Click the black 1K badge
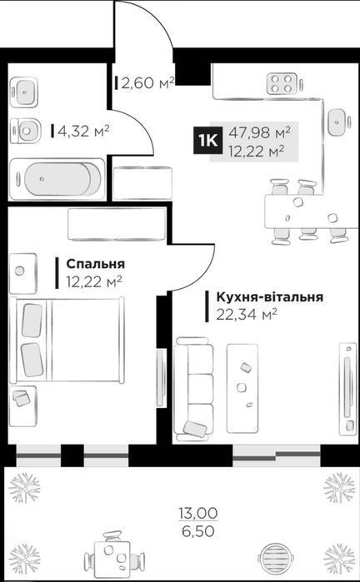point(207,140)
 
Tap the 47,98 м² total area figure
point(259,132)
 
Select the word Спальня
point(96,264)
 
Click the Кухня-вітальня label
point(269,298)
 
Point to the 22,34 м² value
point(247,315)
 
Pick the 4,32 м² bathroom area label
point(83,131)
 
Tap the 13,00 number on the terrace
point(198,514)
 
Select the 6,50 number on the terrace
point(198,531)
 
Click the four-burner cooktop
point(282,83)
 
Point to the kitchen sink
point(337,122)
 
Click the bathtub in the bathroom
point(57,179)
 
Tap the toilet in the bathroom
point(25,131)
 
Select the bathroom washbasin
point(24,92)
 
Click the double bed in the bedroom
point(67,340)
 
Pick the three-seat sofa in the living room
point(194,389)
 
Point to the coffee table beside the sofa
point(242,388)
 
